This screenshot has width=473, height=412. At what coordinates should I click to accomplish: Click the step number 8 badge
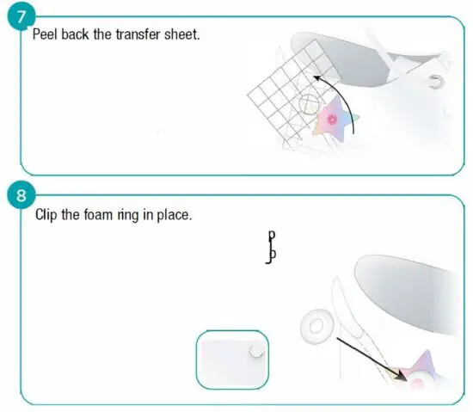pos(19,195)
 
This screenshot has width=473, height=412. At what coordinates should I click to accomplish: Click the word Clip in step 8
pos(47,214)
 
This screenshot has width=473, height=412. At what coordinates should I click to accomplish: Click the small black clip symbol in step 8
pos(271,247)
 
